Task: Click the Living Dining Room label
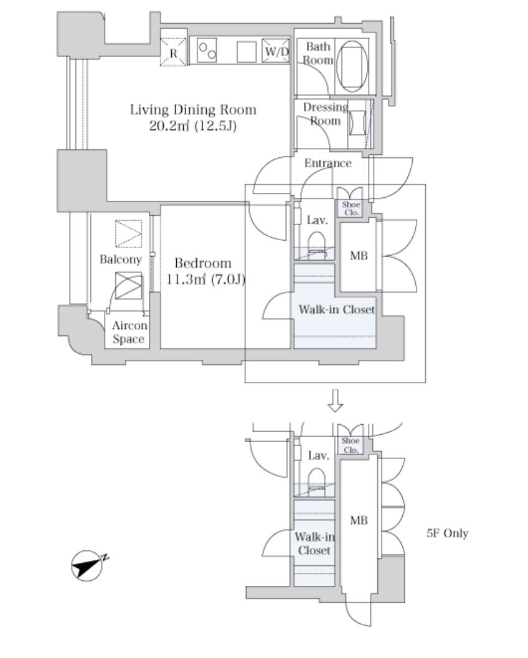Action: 193,110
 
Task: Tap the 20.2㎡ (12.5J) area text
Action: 193,126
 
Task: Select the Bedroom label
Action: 203,263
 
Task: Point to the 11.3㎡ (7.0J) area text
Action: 205,279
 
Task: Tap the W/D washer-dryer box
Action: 276,51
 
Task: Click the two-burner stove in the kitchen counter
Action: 207,50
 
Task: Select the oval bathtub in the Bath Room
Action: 352,66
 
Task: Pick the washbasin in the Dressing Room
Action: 357,122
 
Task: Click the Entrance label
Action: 328,163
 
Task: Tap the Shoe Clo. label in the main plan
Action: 351,208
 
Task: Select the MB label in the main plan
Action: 359,255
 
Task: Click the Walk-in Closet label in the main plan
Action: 336,310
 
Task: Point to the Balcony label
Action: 121,259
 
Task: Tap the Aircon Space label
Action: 130,332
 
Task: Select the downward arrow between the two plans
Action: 335,400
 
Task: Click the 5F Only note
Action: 447,533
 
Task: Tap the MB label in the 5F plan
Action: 359,521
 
